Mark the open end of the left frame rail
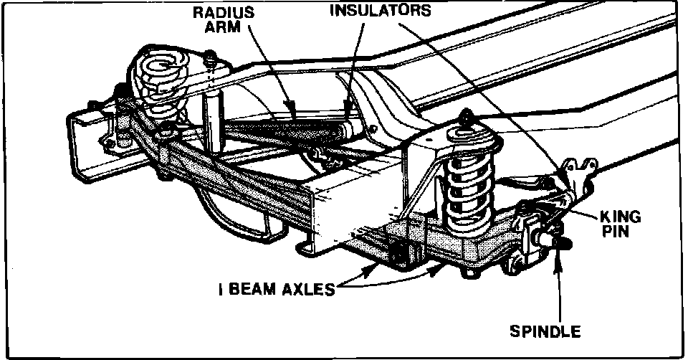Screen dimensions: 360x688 coord(83,143)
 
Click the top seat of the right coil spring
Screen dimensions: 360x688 coord(464,133)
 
